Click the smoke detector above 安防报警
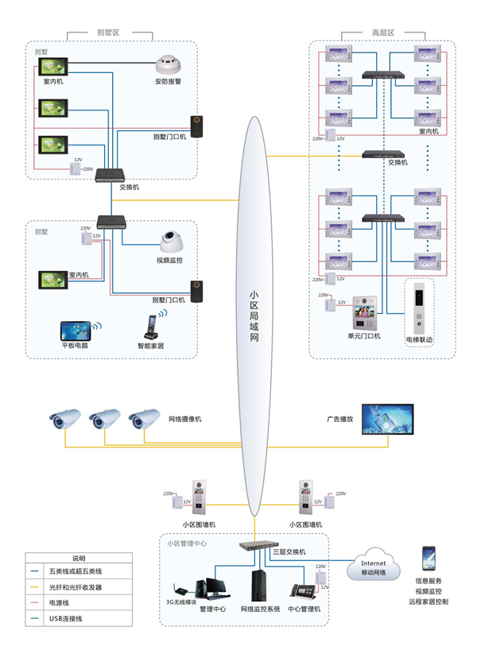tap(168, 64)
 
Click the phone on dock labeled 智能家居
tap(150, 327)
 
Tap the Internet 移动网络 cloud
tap(374, 563)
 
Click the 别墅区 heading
tap(107, 33)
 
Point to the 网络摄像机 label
tap(187, 419)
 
